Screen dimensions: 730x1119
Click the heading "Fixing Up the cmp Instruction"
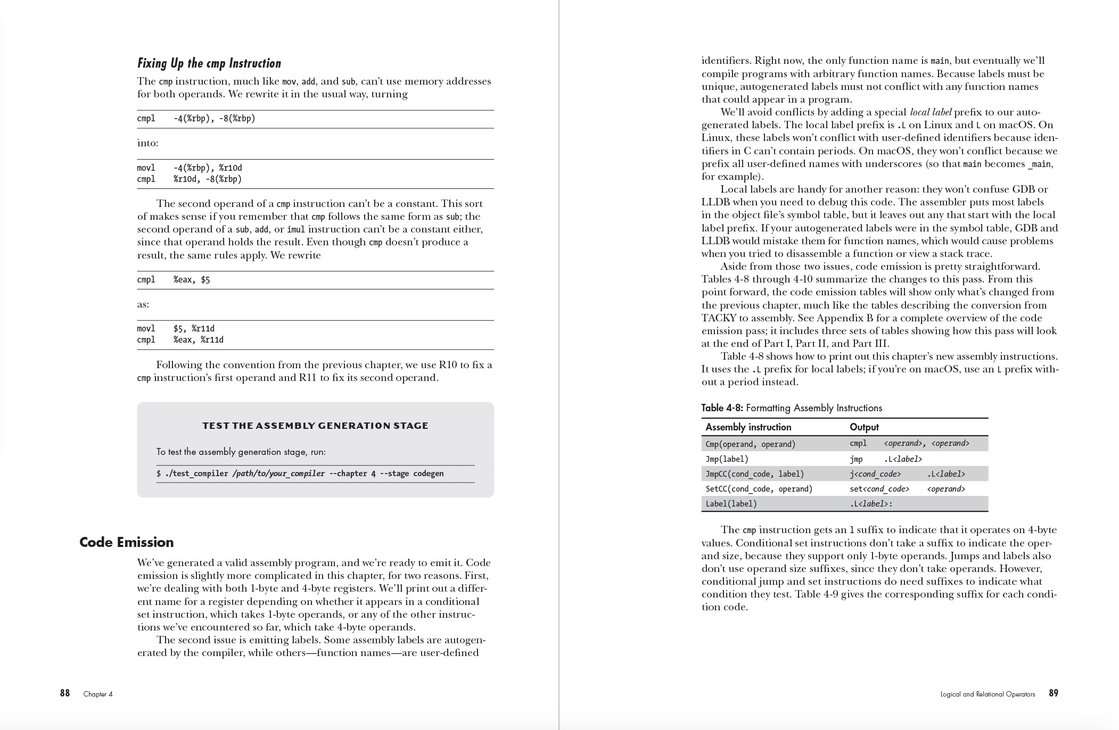coord(209,63)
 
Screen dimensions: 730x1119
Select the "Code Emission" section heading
coord(127,542)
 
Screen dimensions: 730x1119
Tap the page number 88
coord(65,693)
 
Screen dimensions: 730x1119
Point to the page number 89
coord(1053,693)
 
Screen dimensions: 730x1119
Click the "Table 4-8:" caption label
coord(722,408)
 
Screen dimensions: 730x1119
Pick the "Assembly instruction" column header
coord(748,427)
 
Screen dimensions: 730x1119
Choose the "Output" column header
coord(864,427)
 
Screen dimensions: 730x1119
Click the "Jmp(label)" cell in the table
coord(727,459)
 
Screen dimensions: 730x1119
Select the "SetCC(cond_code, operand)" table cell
coord(759,488)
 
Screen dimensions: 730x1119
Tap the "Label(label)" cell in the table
coord(731,503)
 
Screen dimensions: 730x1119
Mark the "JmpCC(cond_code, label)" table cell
coord(754,474)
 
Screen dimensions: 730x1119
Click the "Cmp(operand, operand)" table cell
coord(750,444)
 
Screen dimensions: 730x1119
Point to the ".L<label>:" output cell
coord(871,503)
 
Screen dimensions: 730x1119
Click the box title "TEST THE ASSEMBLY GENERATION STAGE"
coord(315,426)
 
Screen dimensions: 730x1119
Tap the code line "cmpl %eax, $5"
coord(174,280)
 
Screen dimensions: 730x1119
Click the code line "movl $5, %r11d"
coord(176,328)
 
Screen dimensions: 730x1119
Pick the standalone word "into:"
coord(147,143)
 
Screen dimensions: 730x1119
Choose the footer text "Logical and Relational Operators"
coord(988,694)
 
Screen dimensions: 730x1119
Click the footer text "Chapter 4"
coord(98,694)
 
